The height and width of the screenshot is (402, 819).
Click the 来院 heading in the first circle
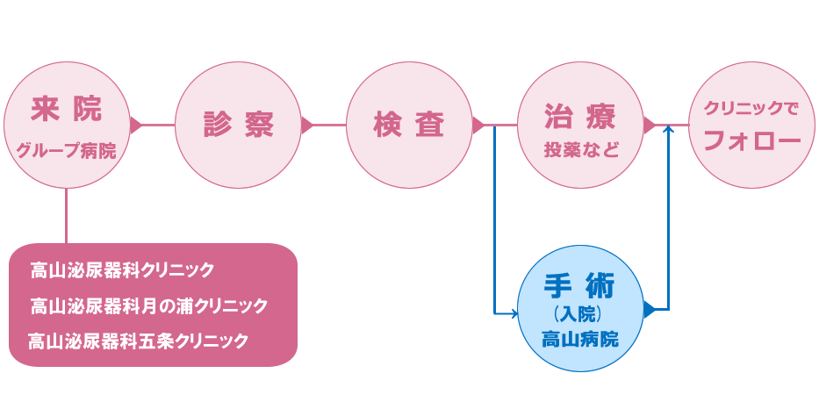pyautogui.click(x=66, y=110)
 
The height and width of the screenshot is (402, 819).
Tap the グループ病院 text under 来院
pyautogui.click(x=66, y=150)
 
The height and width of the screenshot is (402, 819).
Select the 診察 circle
pyautogui.click(x=238, y=125)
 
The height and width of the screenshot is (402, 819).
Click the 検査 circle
pyautogui.click(x=409, y=125)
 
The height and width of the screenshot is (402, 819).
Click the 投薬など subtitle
pyautogui.click(x=580, y=148)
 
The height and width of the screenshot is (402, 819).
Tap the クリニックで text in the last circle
pyautogui.click(x=751, y=110)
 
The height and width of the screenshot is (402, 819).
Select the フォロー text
pyautogui.click(x=752, y=140)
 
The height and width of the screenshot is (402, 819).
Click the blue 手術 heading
pyautogui.click(x=580, y=286)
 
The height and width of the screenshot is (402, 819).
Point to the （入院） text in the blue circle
pyautogui.click(x=580, y=313)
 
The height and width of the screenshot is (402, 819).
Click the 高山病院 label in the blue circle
pyautogui.click(x=580, y=338)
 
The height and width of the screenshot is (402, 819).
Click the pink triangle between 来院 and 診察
pyautogui.click(x=135, y=125)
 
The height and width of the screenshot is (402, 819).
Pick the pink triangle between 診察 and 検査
pyautogui.click(x=306, y=125)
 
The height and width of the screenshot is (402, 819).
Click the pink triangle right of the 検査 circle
pyautogui.click(x=478, y=125)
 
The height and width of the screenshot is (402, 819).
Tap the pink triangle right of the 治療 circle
pyautogui.click(x=649, y=125)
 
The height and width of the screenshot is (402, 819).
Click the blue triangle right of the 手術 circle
pyautogui.click(x=649, y=309)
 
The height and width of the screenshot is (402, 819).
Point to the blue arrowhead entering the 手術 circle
pyautogui.click(x=514, y=312)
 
